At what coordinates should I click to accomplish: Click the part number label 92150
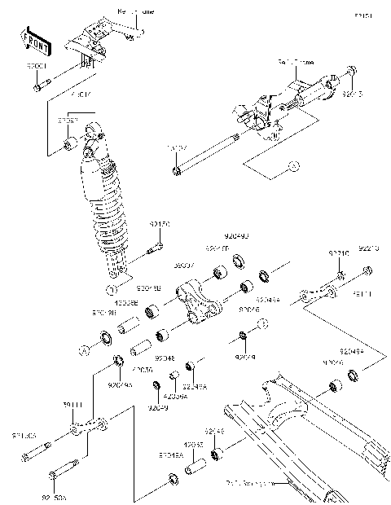pos(158,222)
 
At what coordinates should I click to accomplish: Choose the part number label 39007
pos(183,266)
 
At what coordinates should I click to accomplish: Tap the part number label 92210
pos(338,254)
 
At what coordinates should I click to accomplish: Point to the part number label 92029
pos(245,356)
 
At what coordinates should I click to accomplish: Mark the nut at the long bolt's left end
pos(176,170)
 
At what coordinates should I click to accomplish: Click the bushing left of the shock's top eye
pos(70,147)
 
